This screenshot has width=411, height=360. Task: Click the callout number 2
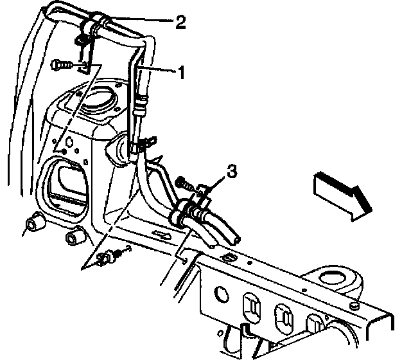point(180,24)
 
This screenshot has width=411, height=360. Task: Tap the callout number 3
point(232,172)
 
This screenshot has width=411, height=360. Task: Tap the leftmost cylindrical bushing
point(33,226)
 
